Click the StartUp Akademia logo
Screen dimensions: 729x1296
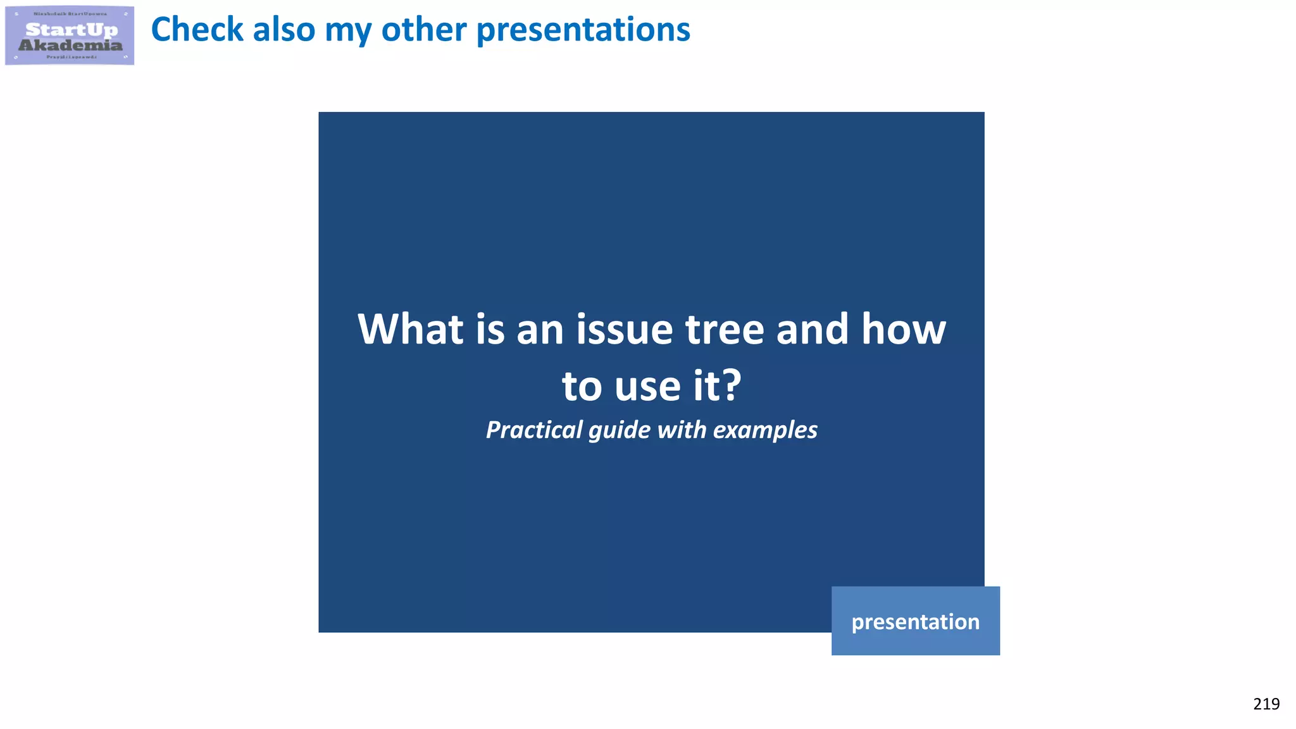70,35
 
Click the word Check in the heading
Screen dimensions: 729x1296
197,30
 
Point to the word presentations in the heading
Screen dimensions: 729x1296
583,30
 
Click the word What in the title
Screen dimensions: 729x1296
411,330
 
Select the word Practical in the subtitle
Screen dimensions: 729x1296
534,430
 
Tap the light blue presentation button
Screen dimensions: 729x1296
915,621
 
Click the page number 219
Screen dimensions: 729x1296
1266,704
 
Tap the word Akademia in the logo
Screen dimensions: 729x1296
70,46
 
